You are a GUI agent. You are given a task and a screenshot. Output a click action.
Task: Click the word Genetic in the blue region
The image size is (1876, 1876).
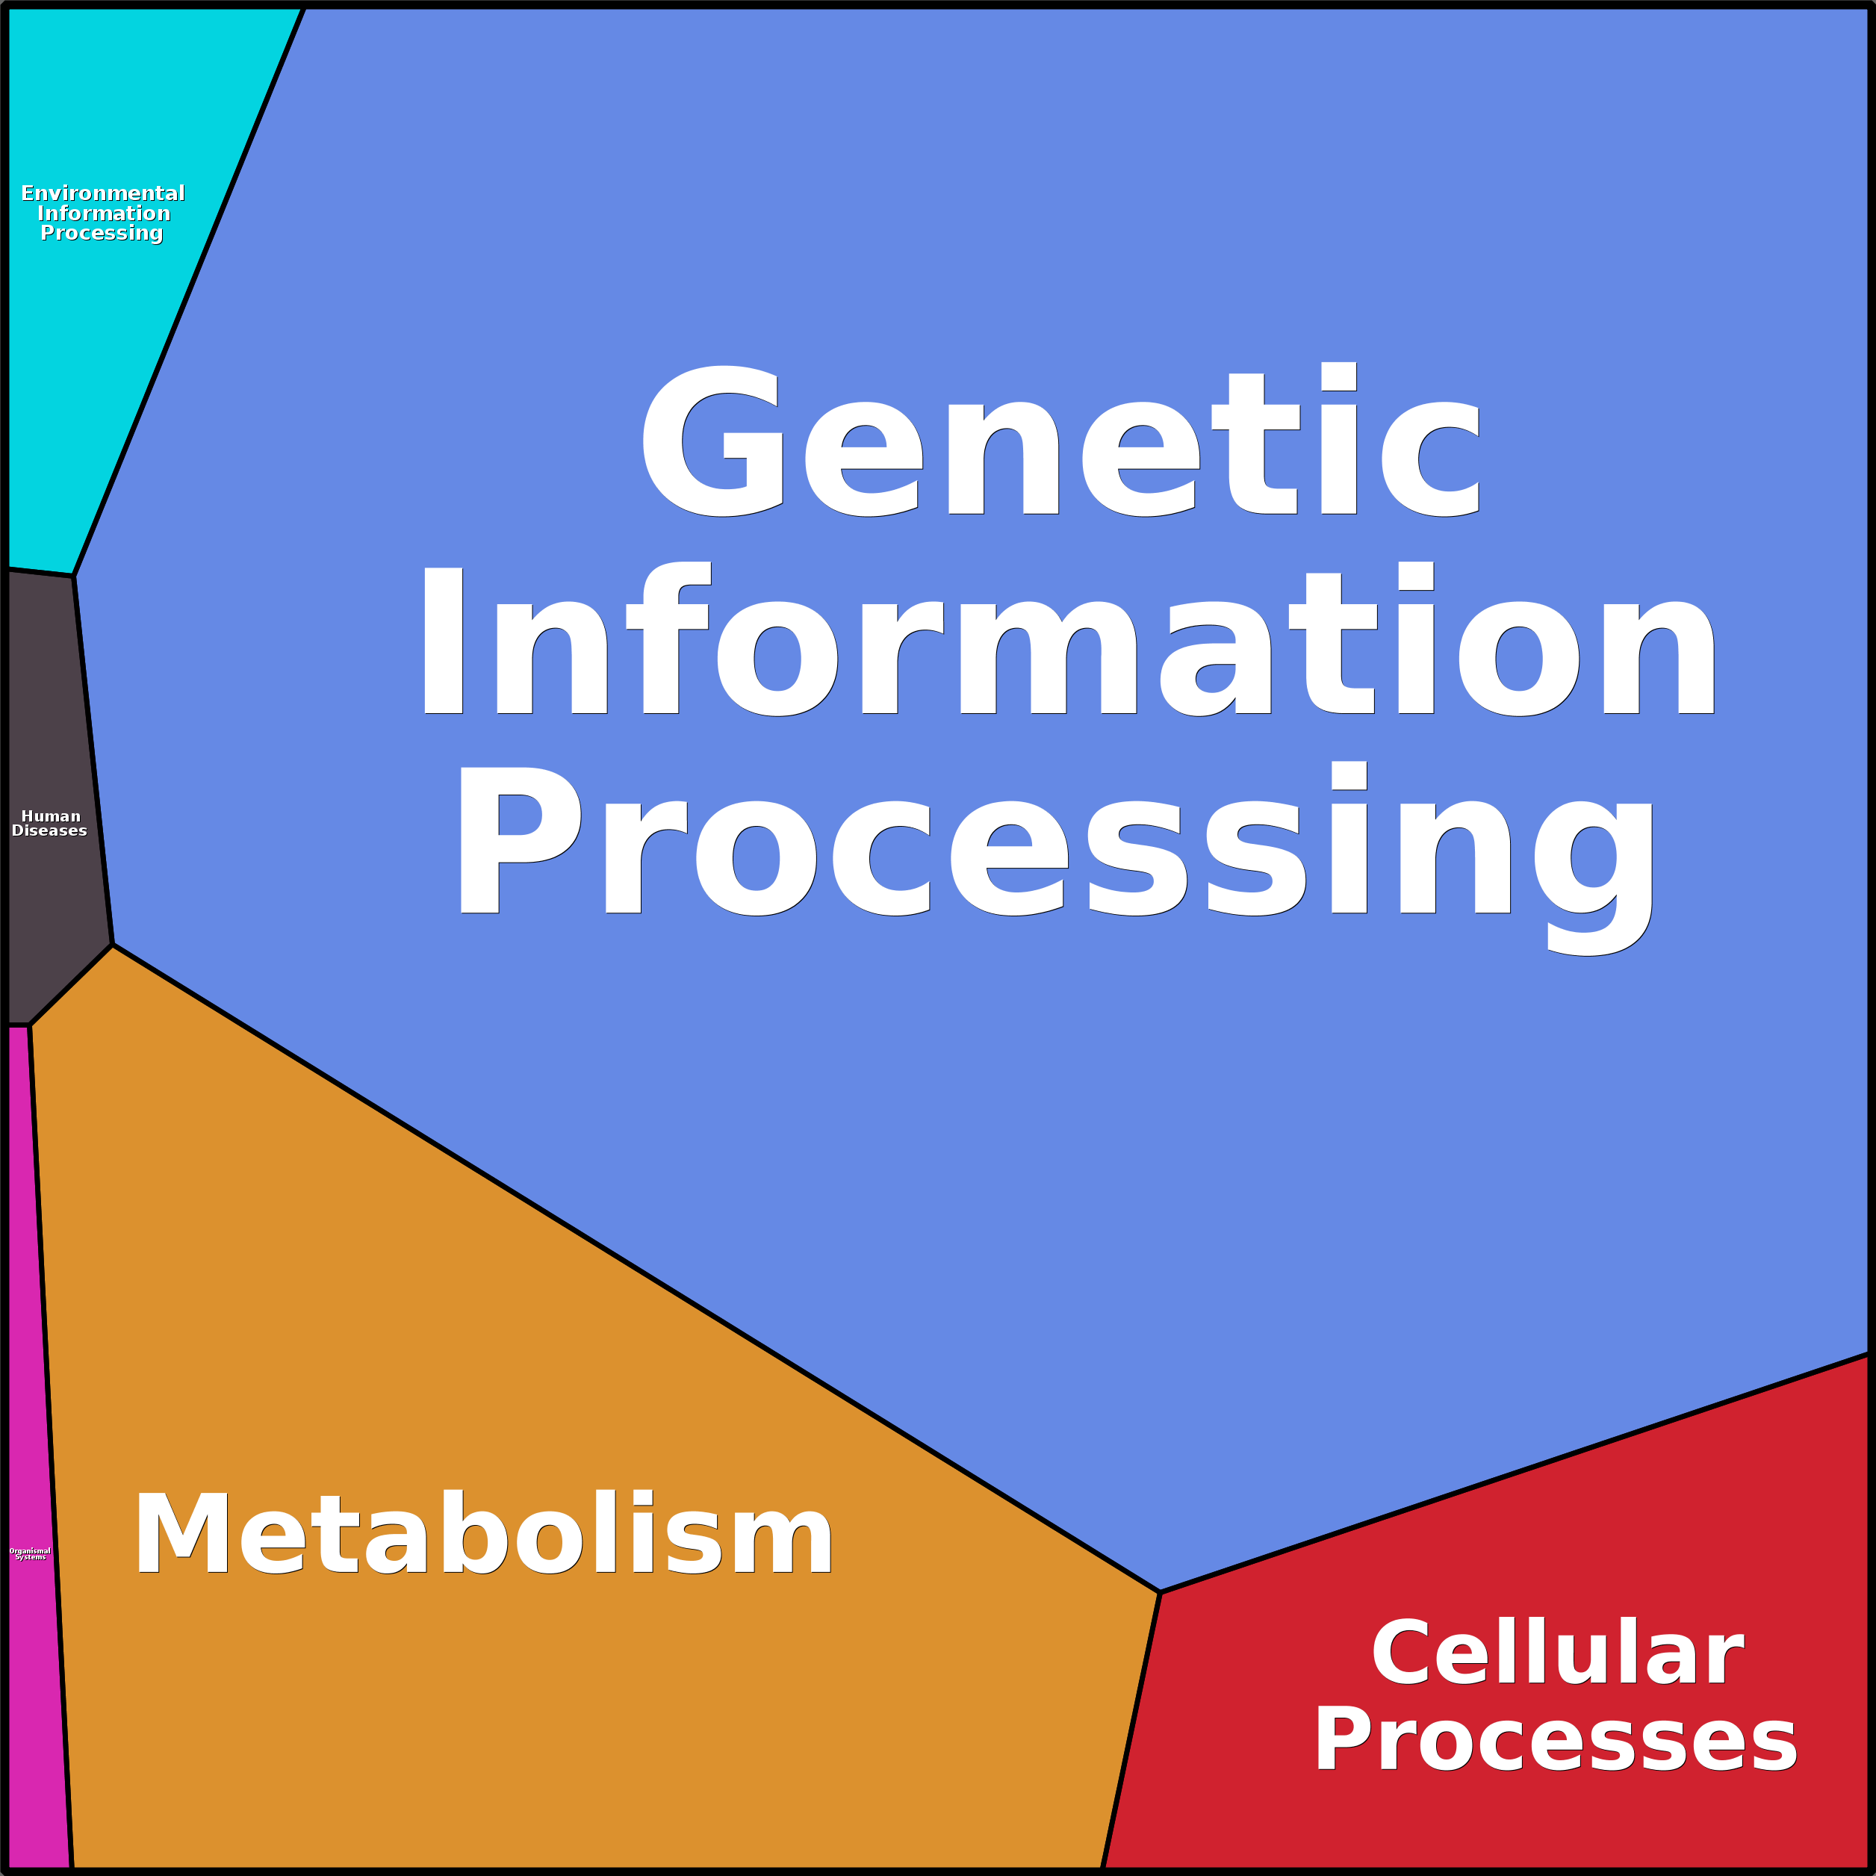click(1060, 442)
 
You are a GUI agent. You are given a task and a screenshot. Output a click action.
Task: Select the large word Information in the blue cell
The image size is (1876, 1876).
click(1068, 643)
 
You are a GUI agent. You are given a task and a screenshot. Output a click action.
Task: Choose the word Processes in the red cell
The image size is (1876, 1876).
click(1555, 1740)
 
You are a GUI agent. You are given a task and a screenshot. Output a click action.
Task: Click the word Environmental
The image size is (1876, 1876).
click(103, 193)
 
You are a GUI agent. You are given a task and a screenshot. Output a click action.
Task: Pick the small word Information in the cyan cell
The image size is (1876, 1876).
click(104, 214)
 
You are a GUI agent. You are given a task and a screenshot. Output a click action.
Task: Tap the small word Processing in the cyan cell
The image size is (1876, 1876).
click(102, 233)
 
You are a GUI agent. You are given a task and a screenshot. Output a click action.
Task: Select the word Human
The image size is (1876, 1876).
click(51, 816)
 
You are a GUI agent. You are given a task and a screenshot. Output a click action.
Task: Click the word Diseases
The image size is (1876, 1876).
click(49, 830)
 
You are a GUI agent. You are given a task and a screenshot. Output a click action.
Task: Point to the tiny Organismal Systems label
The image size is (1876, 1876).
click(30, 1553)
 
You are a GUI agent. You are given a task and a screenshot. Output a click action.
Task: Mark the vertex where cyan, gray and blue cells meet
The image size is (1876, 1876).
click(74, 576)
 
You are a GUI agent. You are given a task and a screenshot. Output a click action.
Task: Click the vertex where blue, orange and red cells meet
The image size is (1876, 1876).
click(1159, 1592)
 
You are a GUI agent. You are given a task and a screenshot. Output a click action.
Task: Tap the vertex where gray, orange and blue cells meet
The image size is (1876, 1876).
click(113, 944)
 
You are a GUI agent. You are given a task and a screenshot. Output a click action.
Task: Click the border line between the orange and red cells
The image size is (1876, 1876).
click(1131, 1728)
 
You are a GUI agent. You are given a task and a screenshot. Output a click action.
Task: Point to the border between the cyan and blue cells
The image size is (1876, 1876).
click(190, 291)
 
